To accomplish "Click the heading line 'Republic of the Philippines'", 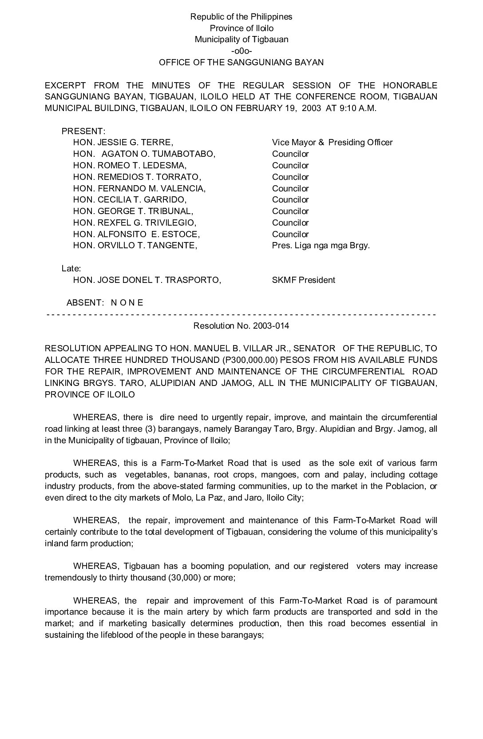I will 241,17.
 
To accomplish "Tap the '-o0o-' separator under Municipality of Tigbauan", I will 241,51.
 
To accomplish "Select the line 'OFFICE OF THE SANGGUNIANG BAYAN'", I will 241,62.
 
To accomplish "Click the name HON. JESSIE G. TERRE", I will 123,143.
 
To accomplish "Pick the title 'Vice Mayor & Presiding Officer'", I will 332,143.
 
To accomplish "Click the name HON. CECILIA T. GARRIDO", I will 130,200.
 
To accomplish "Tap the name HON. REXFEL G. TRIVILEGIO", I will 135,223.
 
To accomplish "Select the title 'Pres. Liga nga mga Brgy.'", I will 321,246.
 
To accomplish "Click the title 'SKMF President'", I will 303,280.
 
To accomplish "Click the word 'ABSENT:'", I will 85,303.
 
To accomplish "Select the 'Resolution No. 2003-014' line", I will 241,326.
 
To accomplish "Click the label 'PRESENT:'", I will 83,131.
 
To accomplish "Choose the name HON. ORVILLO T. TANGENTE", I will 135,246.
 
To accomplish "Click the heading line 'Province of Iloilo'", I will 241,28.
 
